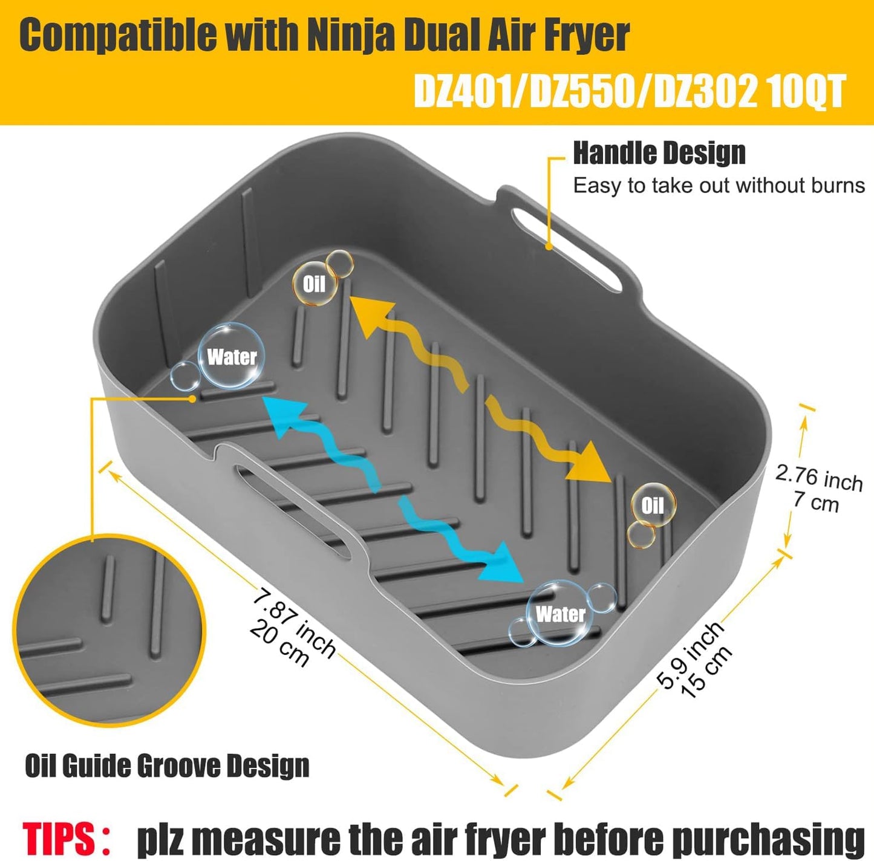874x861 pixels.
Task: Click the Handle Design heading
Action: click(x=659, y=153)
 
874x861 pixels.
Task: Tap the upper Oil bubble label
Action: click(x=314, y=283)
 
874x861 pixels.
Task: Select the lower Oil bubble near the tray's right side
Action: click(x=652, y=505)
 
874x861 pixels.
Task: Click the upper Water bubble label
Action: click(x=232, y=356)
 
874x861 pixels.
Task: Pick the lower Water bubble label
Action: click(x=560, y=614)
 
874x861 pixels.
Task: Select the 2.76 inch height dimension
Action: click(x=818, y=477)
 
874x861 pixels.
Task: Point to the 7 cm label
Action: click(x=815, y=502)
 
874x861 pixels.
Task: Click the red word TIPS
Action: click(x=59, y=839)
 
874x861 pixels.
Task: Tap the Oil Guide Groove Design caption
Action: click(x=167, y=766)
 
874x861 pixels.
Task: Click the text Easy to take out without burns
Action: click(x=719, y=186)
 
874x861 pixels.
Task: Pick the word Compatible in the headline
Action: click(x=118, y=35)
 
